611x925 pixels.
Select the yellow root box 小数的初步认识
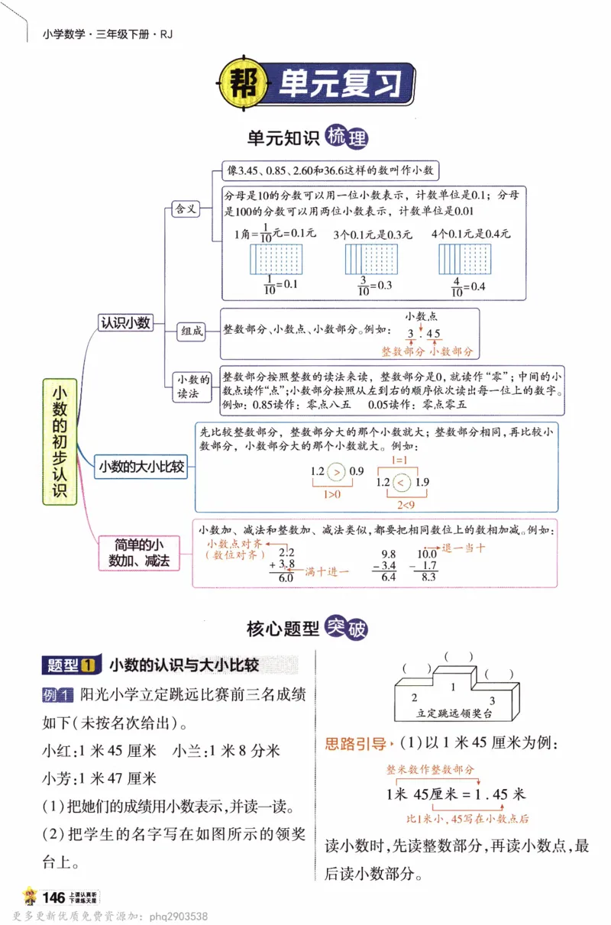pyautogui.click(x=60, y=441)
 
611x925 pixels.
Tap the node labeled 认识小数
pyautogui.click(x=126, y=323)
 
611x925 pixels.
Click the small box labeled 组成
pyautogui.click(x=192, y=332)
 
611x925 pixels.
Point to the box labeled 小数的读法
pyautogui.click(x=192, y=386)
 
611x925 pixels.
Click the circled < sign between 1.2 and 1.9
pyautogui.click(x=404, y=482)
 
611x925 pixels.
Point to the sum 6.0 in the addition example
pyautogui.click(x=286, y=578)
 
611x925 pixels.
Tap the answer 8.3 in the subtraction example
pyautogui.click(x=428, y=577)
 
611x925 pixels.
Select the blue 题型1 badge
pyautogui.click(x=71, y=665)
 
